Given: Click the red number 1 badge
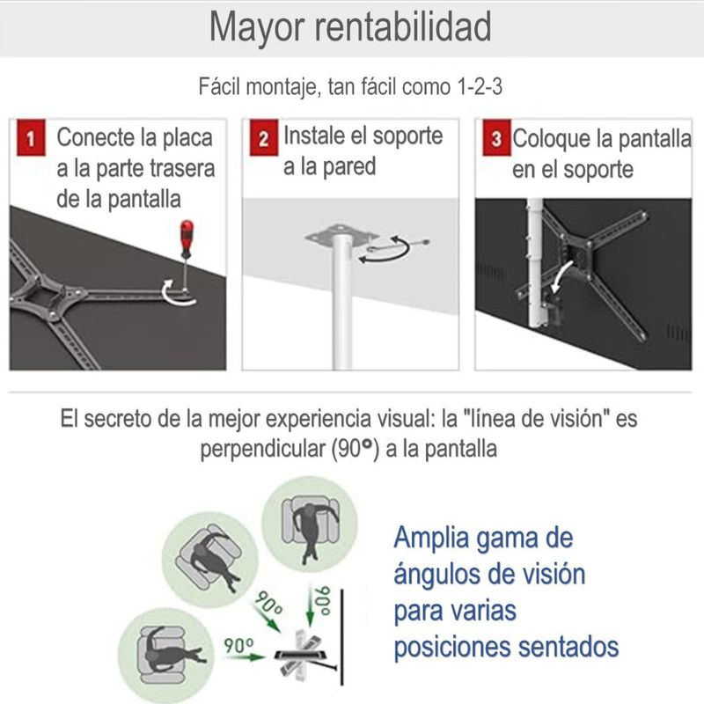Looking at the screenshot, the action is [x=31, y=138].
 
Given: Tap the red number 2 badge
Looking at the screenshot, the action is [x=263, y=138].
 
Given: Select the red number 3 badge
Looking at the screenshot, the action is [x=496, y=138].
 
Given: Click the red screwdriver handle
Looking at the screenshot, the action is [x=187, y=237].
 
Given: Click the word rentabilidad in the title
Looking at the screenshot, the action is [x=402, y=26].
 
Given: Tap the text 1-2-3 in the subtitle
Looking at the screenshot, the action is [x=479, y=85].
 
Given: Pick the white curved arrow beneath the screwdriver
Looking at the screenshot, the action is [x=179, y=295].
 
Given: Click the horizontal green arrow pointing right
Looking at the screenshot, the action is [x=245, y=656].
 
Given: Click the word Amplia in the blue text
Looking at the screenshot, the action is [x=431, y=538].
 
